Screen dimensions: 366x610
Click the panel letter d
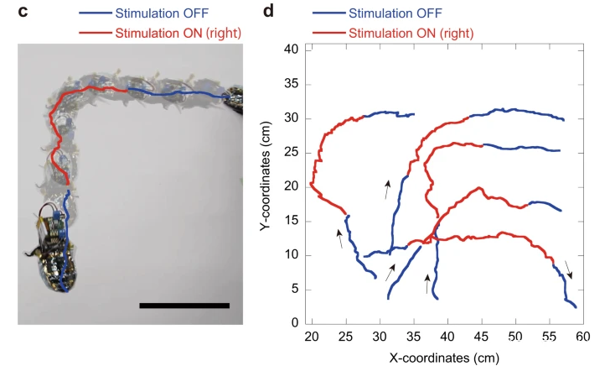click(268, 13)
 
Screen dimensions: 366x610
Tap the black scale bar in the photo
click(184, 305)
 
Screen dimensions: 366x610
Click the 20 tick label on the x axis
click(313, 337)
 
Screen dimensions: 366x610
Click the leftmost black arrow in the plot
click(339, 239)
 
